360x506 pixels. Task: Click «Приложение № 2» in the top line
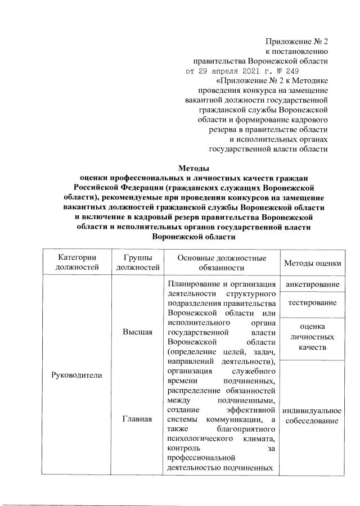297,41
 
